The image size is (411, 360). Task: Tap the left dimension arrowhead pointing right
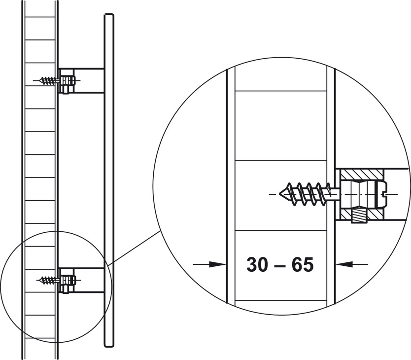(x=218, y=264)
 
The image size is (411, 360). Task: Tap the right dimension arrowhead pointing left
(x=344, y=264)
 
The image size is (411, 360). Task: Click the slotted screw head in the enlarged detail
(x=380, y=194)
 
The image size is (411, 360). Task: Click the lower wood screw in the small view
(x=48, y=280)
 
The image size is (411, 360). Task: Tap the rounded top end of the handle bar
(x=109, y=15)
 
